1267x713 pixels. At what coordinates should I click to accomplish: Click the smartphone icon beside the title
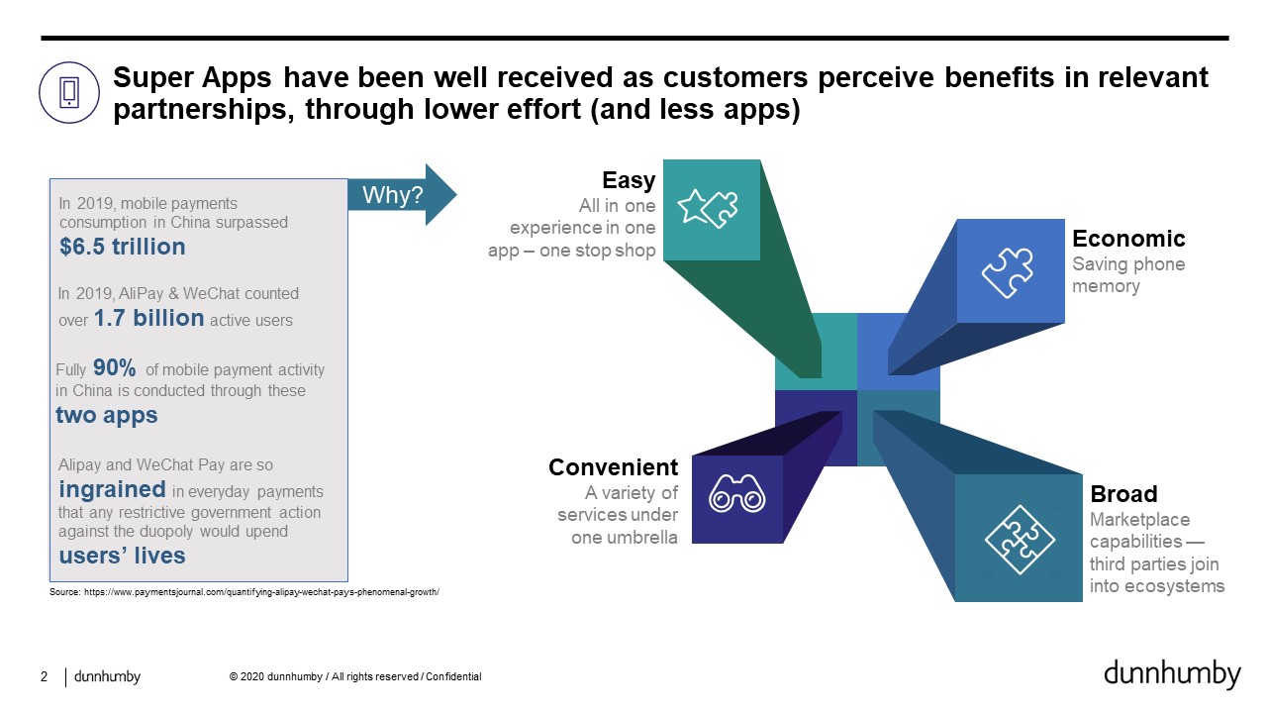(x=69, y=92)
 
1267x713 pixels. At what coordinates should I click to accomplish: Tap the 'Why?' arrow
(x=402, y=195)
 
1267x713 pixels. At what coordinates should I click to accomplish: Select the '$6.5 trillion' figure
(x=122, y=247)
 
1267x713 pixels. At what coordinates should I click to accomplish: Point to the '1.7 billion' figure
(x=148, y=318)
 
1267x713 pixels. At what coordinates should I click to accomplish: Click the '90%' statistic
(x=114, y=367)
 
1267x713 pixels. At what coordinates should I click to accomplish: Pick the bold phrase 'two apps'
(x=106, y=415)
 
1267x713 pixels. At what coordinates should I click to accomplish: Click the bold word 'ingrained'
(x=112, y=490)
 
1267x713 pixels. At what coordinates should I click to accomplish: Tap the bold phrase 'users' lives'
(x=122, y=556)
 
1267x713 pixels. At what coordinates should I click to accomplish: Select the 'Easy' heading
(x=629, y=180)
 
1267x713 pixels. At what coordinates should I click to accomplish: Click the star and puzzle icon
(x=708, y=208)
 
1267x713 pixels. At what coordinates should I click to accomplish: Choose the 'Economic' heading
(x=1128, y=239)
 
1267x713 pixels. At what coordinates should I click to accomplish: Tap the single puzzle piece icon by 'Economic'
(x=1008, y=272)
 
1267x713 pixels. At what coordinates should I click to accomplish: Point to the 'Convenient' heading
(x=613, y=467)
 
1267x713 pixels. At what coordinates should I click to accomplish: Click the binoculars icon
(x=737, y=493)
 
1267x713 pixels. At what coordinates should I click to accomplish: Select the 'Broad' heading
(x=1123, y=494)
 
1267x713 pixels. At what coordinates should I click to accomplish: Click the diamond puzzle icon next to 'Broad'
(x=1020, y=540)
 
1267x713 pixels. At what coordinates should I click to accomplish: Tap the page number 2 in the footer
(x=45, y=676)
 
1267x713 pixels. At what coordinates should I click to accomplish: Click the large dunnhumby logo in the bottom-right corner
(x=1172, y=674)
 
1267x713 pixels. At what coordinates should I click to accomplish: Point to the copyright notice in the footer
(x=355, y=676)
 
